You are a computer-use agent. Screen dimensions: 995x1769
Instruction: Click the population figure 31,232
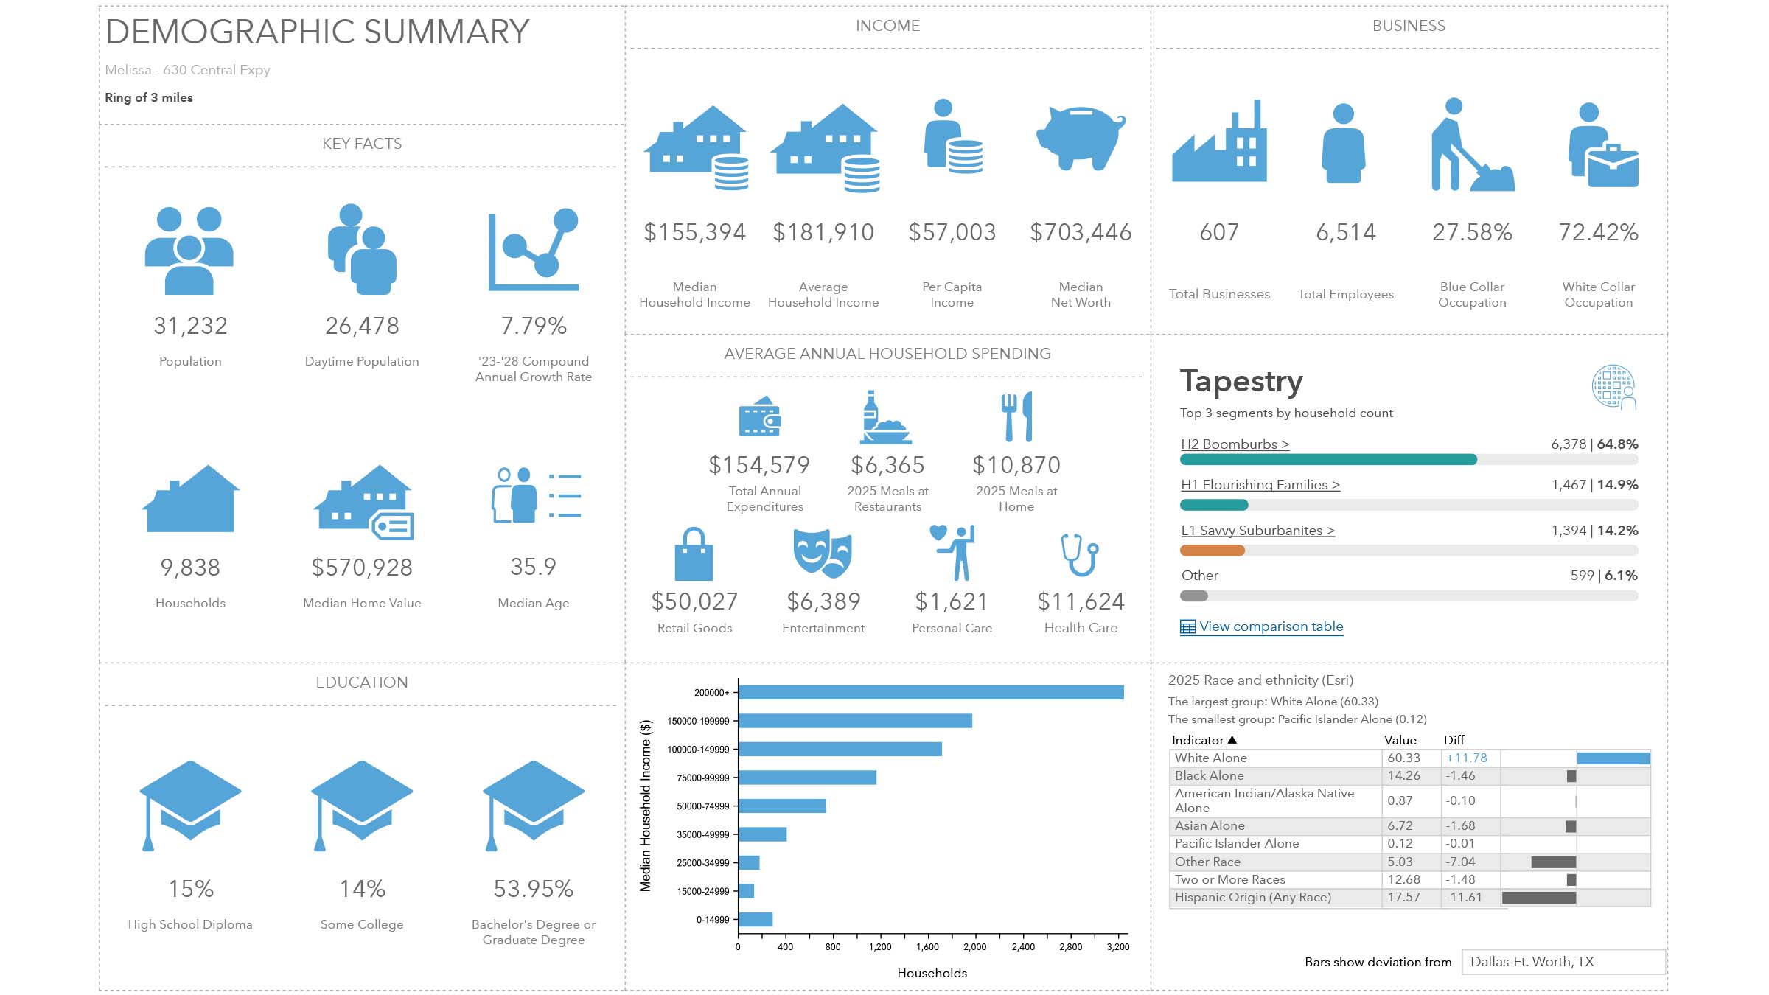click(x=190, y=326)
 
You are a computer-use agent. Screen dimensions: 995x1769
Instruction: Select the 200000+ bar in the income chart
click(x=930, y=692)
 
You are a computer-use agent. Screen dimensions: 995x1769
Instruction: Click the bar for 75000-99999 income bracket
click(x=807, y=778)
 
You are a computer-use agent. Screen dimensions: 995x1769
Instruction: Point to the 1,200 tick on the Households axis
click(x=880, y=947)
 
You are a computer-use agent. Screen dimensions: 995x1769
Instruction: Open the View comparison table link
click(x=1270, y=626)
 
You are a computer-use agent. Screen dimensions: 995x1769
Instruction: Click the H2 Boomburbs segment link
click(x=1235, y=444)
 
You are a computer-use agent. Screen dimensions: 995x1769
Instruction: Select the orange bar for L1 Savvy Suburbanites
click(x=1213, y=551)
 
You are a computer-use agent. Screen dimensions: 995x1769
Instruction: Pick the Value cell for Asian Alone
click(x=1400, y=825)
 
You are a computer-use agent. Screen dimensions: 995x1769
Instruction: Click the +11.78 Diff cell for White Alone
click(x=1466, y=758)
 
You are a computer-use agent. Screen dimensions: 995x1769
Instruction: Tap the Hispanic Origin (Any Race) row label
click(x=1252, y=897)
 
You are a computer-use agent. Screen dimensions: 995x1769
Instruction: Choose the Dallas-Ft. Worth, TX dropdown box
click(x=1563, y=962)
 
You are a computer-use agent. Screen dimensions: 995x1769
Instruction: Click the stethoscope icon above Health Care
click(x=1080, y=554)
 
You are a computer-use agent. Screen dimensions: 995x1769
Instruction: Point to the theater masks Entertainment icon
click(x=823, y=553)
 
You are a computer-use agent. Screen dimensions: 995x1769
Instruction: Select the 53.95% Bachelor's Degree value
click(x=534, y=889)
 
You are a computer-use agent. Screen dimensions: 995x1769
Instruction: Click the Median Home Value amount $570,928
click(x=362, y=568)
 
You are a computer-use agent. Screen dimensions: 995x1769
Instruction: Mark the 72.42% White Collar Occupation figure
click(x=1598, y=232)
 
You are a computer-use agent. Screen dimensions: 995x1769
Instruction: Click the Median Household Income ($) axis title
click(x=646, y=806)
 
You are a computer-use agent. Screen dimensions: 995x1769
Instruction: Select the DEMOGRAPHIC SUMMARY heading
click(x=317, y=32)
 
